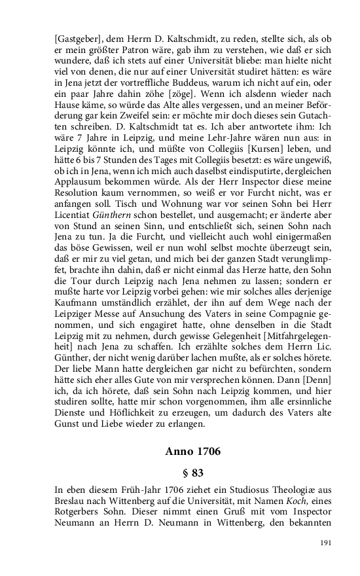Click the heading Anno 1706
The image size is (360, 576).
click(193, 452)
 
